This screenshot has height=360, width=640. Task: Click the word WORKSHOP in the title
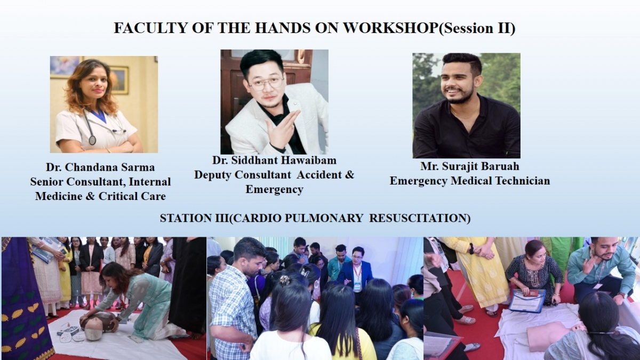click(390, 28)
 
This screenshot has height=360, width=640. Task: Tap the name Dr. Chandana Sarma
click(100, 167)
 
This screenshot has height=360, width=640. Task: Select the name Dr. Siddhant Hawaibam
click(274, 161)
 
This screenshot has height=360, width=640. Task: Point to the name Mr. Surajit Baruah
click(470, 166)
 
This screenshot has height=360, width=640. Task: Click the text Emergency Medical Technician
click(470, 181)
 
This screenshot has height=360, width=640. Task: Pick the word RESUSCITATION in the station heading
click(420, 218)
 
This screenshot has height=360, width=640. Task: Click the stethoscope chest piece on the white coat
click(92, 140)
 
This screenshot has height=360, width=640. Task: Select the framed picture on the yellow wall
click(119, 79)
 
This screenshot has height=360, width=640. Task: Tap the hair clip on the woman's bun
click(285, 281)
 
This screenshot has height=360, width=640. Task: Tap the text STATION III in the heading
click(194, 218)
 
